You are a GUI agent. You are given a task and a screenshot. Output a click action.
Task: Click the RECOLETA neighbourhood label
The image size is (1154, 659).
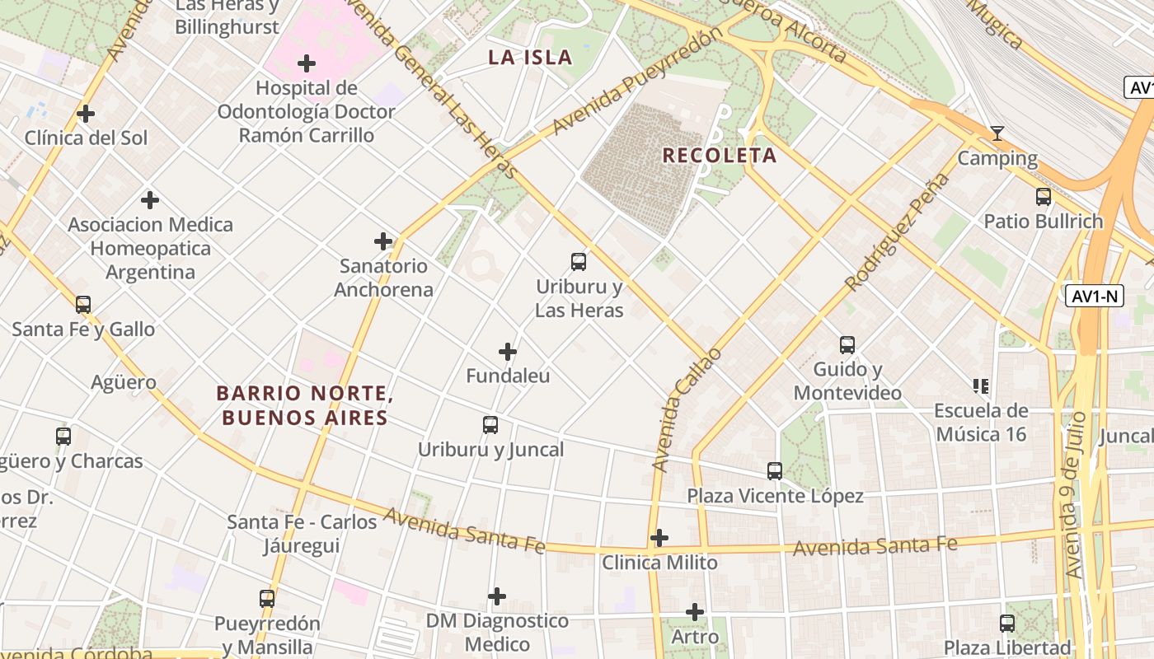720,155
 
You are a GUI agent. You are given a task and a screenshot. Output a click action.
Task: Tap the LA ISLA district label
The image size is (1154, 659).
530,57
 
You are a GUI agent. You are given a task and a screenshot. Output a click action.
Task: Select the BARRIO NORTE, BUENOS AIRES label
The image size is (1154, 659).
303,405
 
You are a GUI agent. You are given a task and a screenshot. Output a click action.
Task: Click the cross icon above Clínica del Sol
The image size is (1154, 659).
86,114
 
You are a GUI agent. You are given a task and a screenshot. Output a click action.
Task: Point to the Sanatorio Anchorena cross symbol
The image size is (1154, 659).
383,241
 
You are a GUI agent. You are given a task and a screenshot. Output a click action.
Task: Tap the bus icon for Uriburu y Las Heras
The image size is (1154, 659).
579,262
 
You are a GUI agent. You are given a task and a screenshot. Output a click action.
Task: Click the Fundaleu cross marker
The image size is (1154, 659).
508,352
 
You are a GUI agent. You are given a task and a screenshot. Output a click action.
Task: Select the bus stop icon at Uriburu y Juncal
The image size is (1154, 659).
490,425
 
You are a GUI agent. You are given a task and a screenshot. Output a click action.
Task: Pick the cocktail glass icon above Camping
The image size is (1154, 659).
997,133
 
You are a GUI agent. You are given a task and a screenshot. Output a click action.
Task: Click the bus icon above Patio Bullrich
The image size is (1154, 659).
1044,197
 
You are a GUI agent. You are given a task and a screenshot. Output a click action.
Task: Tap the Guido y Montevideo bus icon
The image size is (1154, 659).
847,345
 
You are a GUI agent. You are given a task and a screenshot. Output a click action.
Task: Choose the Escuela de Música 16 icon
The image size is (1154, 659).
981,386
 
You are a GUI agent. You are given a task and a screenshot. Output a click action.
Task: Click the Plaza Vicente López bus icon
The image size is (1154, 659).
775,471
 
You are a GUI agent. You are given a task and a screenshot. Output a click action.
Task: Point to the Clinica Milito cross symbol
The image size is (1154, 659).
659,538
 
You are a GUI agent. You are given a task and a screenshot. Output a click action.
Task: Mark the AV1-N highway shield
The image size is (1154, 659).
1095,297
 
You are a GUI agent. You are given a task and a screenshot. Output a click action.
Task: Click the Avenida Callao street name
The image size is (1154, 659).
686,410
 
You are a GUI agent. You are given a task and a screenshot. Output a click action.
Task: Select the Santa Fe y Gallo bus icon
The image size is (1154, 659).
83,305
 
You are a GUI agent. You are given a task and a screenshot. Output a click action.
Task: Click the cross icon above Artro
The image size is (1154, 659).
695,612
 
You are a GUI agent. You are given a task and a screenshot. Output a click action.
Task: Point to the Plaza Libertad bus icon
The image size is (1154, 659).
1007,624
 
